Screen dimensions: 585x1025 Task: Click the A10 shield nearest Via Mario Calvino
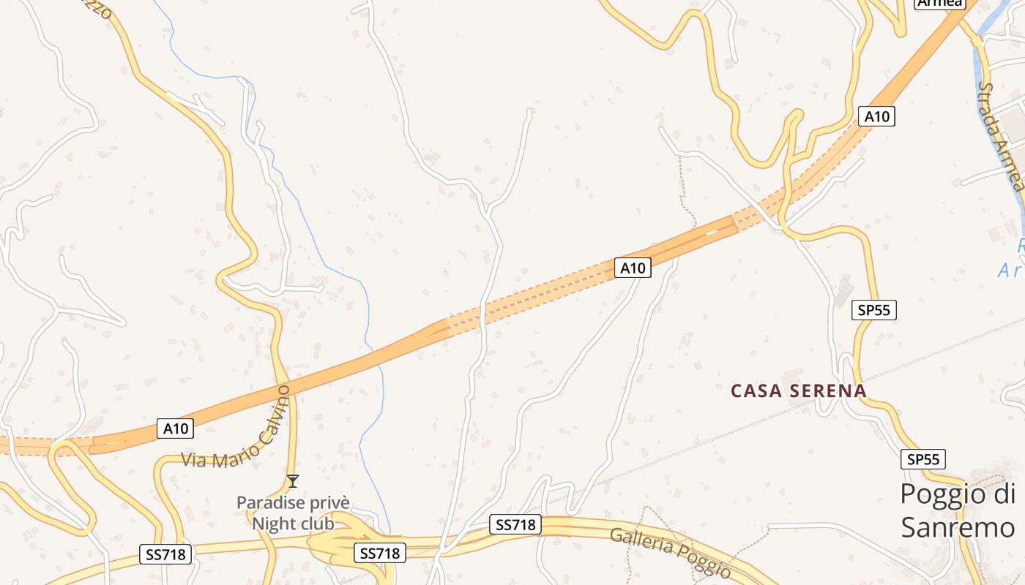[176, 429]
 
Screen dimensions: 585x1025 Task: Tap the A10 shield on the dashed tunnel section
[633, 268]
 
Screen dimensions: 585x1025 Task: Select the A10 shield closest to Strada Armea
[876, 116]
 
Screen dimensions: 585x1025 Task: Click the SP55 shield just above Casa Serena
[874, 310]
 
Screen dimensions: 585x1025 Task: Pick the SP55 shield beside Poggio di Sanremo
[923, 459]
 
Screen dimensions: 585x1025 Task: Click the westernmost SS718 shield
[165, 554]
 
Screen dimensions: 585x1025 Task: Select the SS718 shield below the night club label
[379, 554]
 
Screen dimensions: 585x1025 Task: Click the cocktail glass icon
[293, 480]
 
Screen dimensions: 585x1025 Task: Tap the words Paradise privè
[293, 503]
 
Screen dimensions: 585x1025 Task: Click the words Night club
[293, 524]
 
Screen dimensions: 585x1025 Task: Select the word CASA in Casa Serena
[757, 391]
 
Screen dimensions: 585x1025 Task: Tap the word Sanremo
[958, 527]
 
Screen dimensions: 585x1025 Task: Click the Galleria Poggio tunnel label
[670, 551]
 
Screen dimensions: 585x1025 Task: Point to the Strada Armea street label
[1001, 135]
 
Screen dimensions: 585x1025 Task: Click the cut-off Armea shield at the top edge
[939, 4]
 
